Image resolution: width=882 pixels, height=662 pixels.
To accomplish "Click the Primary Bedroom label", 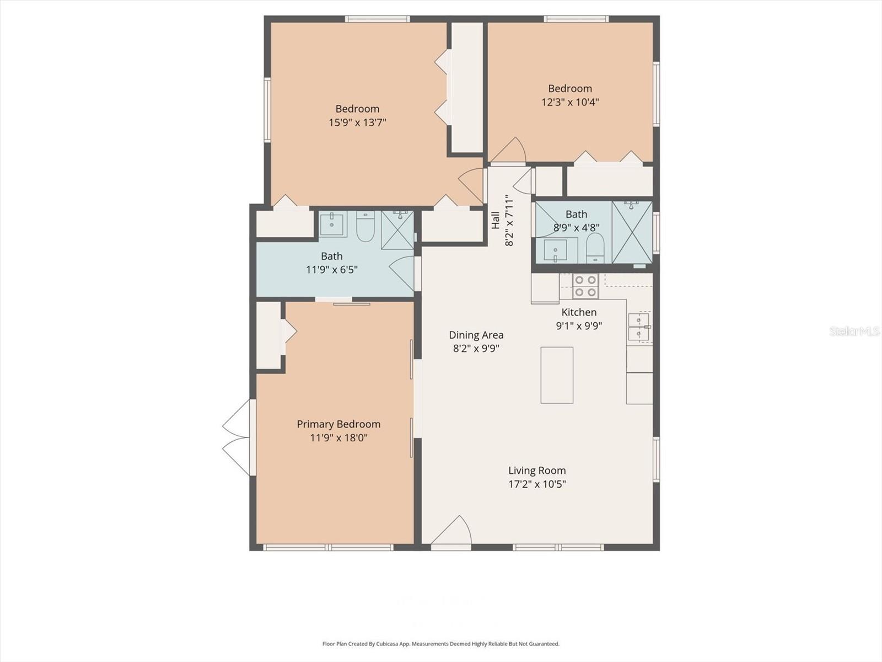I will pos(338,424).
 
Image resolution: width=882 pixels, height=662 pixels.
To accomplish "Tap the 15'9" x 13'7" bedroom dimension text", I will pos(357,122).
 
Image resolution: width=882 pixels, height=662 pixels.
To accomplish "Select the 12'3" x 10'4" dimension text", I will pos(570,102).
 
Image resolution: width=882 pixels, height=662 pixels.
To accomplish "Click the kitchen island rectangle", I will pos(557,375).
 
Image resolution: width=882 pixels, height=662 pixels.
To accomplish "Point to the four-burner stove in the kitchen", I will pos(585,286).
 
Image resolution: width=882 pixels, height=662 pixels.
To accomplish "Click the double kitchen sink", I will pos(639,327).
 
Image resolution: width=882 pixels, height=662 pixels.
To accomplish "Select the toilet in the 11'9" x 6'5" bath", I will pos(365,227).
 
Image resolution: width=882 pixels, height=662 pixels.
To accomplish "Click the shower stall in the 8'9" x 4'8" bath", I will pos(632,232).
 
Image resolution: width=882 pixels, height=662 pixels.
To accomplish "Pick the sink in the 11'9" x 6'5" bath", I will pos(333,224).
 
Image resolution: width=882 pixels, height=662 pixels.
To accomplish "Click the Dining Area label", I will pos(476,335).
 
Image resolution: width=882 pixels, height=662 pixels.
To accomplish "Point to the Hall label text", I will pos(495,220).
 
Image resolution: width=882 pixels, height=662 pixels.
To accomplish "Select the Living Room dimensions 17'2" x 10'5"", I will pos(537,484).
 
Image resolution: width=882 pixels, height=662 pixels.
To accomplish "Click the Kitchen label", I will pos(579,312).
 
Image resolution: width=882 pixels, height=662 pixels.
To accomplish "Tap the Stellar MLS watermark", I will pos(854,331).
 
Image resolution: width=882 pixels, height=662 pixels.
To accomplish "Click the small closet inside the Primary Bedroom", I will pos(269,335).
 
